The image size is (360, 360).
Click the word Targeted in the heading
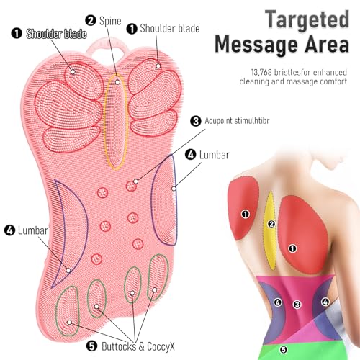point(307,20)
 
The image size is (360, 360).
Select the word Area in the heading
point(327,44)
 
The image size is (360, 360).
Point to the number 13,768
point(261,72)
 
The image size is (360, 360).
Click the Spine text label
point(110,21)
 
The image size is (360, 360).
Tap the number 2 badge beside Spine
point(91,20)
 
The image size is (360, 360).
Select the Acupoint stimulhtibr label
point(237,120)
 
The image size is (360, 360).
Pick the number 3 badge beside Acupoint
point(196,121)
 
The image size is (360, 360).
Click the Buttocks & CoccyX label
point(138,346)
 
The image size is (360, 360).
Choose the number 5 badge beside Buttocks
point(91,346)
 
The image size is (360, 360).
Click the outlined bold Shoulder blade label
point(56,34)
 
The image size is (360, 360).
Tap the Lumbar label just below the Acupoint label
point(215,155)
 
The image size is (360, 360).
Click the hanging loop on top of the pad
point(107,47)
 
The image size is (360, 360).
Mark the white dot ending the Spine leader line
point(117,82)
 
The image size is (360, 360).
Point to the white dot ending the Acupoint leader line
point(135,181)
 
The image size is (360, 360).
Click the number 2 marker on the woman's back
point(271,224)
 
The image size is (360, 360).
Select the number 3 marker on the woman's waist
point(297,305)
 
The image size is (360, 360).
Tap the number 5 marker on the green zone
point(284,349)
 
